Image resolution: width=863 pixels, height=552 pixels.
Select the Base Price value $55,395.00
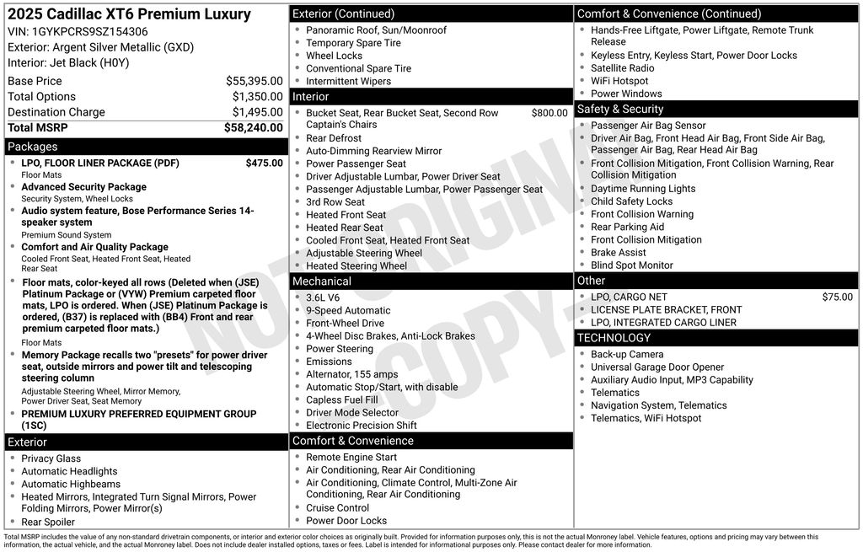254,81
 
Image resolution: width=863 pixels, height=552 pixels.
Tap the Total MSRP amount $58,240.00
253,127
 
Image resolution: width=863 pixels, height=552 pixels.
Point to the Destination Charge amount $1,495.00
257,112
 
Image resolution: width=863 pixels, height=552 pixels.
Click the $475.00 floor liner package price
264,163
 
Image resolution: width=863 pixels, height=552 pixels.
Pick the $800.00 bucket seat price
549,113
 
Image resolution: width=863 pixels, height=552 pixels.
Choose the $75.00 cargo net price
837,297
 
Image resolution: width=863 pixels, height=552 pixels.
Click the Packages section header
33,147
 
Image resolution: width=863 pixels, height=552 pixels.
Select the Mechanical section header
321,281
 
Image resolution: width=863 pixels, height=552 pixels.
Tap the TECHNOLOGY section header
614,338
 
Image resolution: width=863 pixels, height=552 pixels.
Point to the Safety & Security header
619,109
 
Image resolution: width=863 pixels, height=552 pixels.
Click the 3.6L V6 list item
323,297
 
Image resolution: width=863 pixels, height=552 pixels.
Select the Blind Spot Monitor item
631,265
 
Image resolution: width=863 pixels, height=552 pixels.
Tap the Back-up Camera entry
626,355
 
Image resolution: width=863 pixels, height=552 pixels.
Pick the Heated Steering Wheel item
356,265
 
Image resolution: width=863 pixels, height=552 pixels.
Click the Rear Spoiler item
48,522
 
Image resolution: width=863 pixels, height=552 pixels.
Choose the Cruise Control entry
337,508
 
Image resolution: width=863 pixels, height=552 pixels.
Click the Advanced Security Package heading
83,187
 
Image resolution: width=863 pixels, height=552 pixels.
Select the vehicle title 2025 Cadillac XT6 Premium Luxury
129,14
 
